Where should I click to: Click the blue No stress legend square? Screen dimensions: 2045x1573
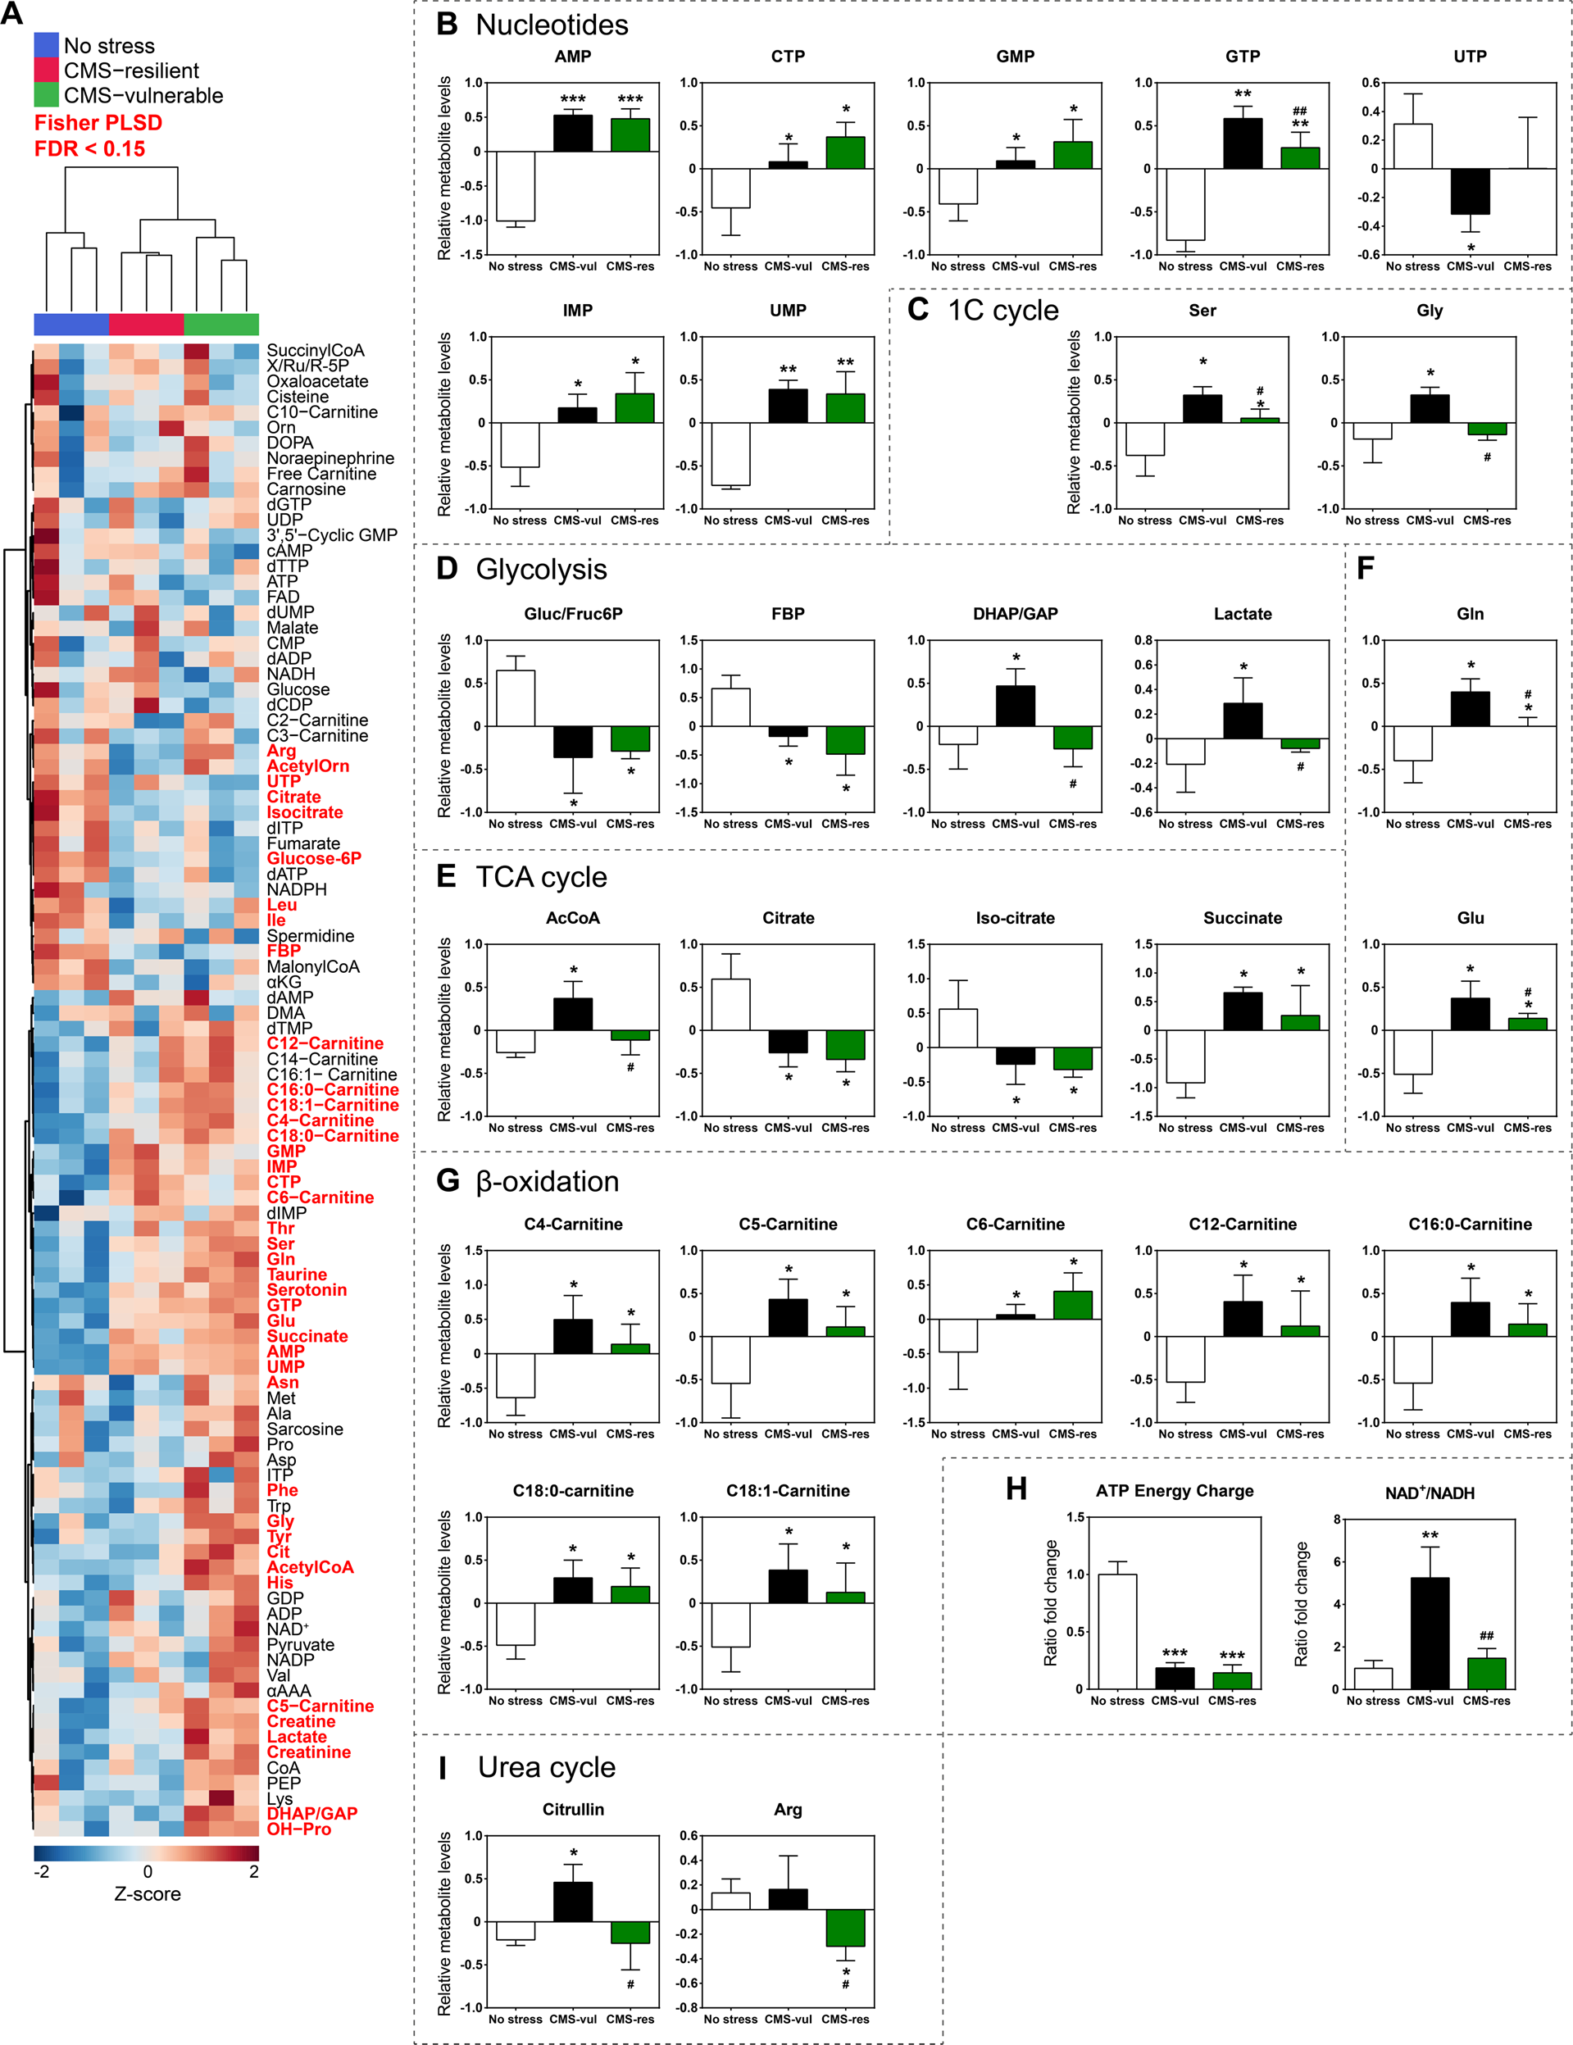(x=46, y=45)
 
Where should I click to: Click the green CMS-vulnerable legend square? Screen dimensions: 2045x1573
(x=46, y=94)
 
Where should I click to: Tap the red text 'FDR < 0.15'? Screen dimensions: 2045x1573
(x=90, y=149)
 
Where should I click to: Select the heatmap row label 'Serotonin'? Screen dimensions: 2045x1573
(x=307, y=1289)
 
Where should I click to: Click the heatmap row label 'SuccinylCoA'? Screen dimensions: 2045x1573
(x=315, y=350)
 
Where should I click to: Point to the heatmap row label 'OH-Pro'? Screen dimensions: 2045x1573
(x=298, y=1829)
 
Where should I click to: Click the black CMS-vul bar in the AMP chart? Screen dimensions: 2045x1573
(x=572, y=133)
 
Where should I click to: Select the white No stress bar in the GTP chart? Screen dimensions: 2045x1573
(x=1185, y=204)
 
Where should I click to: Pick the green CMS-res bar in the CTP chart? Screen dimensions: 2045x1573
(x=845, y=152)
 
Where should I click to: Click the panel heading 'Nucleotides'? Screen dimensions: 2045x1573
(x=552, y=25)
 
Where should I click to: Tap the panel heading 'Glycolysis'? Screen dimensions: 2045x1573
(x=541, y=570)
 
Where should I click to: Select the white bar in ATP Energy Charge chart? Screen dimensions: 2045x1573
(x=1117, y=1631)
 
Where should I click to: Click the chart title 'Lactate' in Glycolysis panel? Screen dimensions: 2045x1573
(x=1243, y=614)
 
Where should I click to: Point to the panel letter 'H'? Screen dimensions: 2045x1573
(x=1016, y=1488)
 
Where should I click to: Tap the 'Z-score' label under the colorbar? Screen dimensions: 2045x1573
(x=147, y=1893)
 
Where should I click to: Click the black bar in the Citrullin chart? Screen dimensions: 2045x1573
(x=572, y=1902)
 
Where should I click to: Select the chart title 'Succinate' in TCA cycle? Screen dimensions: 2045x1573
(x=1243, y=919)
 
